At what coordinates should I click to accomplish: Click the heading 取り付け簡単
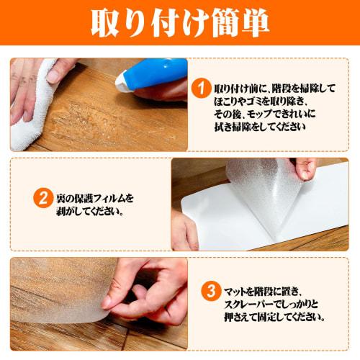tap(180, 23)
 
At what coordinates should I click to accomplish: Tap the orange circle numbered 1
tap(203, 88)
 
